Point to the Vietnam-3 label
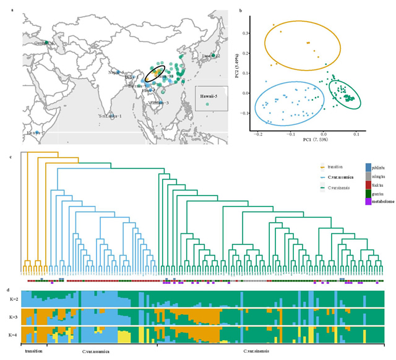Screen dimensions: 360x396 click(x=159, y=103)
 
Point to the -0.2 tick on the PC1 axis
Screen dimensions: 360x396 click(x=258, y=133)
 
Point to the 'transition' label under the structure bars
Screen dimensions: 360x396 click(x=34, y=351)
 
